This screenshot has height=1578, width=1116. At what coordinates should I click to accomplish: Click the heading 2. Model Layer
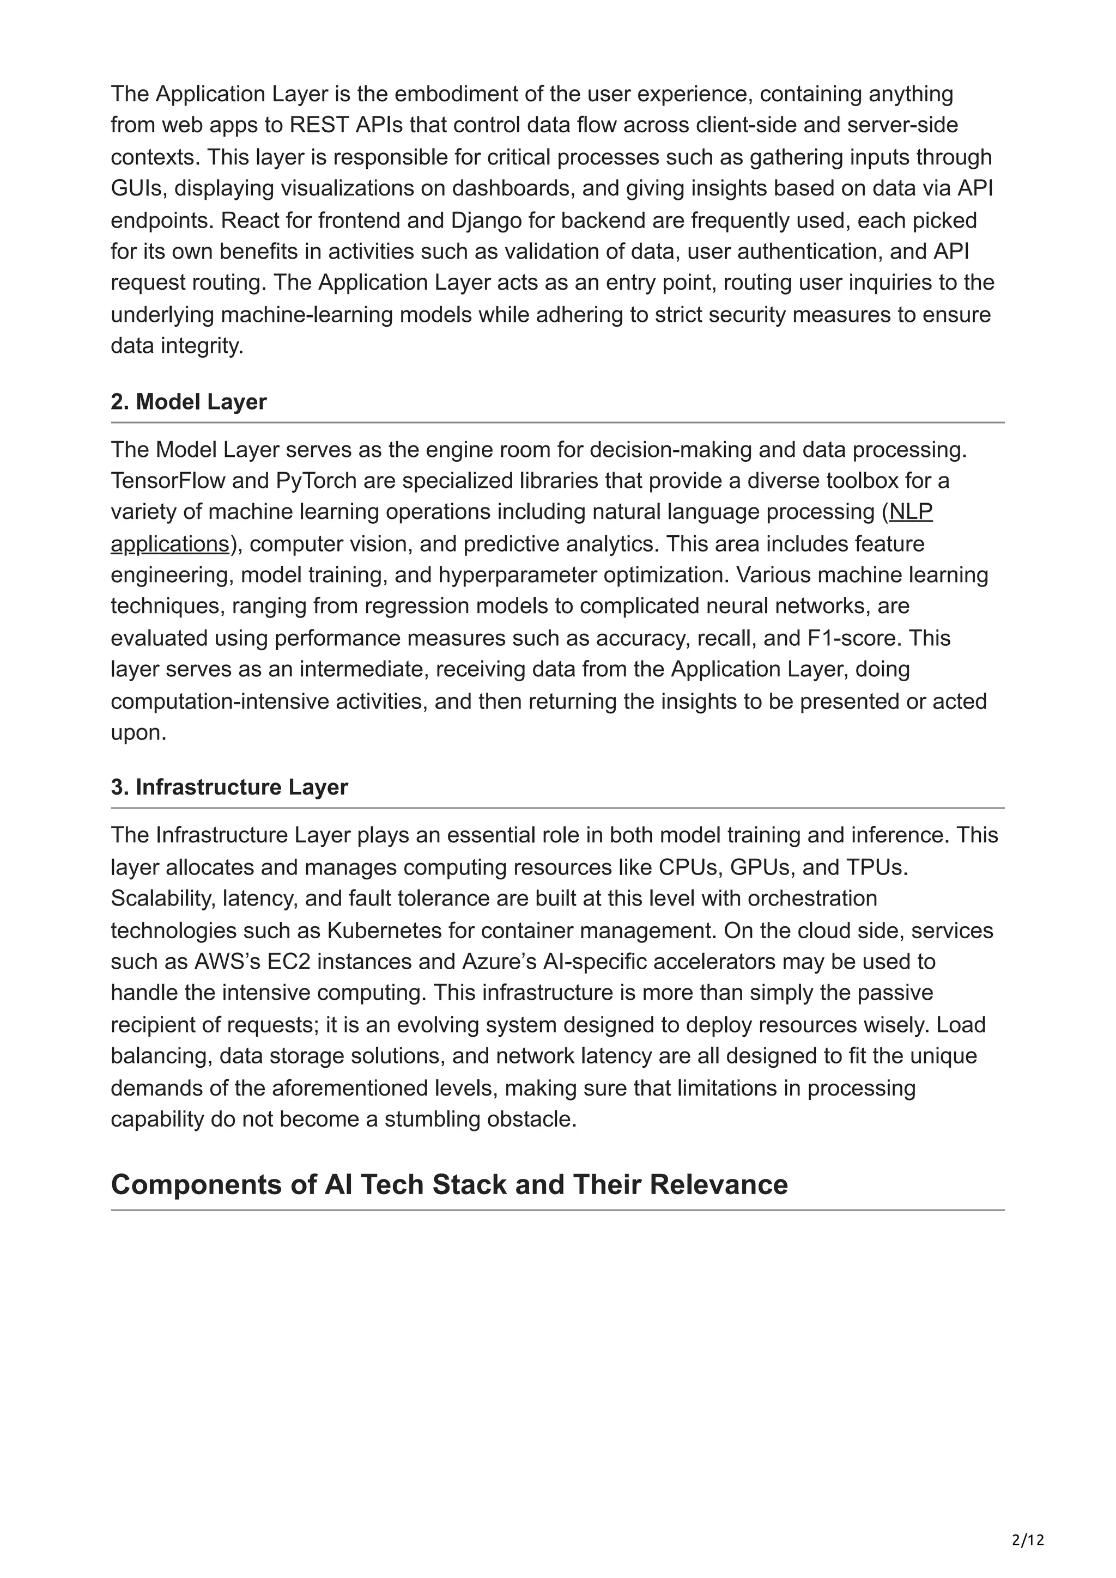click(189, 402)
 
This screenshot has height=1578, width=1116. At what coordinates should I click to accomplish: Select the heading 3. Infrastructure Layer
click(229, 787)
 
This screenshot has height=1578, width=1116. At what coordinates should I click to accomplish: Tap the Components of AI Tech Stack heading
click(449, 1185)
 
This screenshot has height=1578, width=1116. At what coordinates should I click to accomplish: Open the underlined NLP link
click(911, 512)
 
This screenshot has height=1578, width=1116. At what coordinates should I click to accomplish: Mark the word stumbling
click(432, 1120)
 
